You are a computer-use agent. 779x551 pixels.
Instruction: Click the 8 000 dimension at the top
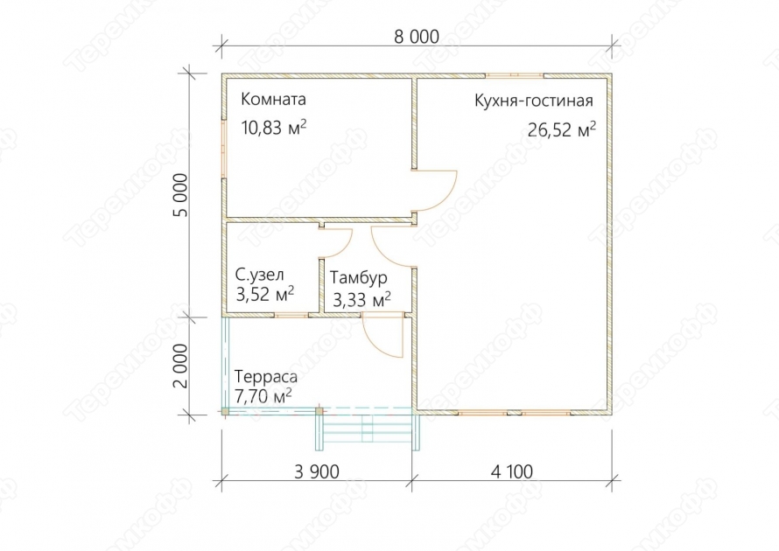pos(417,37)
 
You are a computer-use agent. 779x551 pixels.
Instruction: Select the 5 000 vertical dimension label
pos(182,195)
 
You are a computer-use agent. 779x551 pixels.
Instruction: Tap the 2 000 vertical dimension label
pos(182,366)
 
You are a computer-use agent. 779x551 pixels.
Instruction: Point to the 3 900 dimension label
pos(317,471)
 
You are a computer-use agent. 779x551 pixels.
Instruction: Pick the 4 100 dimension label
pos(512,471)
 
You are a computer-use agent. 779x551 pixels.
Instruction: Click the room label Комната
pos(273,100)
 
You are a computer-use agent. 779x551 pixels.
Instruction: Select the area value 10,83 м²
pos(274,128)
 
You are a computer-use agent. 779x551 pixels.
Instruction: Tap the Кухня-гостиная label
pos(534,101)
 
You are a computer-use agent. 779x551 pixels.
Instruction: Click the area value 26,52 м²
pos(562,129)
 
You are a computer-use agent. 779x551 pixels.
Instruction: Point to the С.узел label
pos(259,275)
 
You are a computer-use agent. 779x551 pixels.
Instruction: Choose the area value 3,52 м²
pos(265,294)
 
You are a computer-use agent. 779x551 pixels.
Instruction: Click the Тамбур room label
pos(359,278)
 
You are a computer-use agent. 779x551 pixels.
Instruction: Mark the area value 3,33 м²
pos(361,299)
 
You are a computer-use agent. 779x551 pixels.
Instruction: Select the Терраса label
pos(266,377)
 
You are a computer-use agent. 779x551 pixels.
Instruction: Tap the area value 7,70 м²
pos(263,396)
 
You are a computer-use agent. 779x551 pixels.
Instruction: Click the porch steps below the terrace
pos(368,429)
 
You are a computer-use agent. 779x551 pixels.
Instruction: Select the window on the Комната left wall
pos(224,149)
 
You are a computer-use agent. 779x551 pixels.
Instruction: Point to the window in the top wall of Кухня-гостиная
pos(514,76)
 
